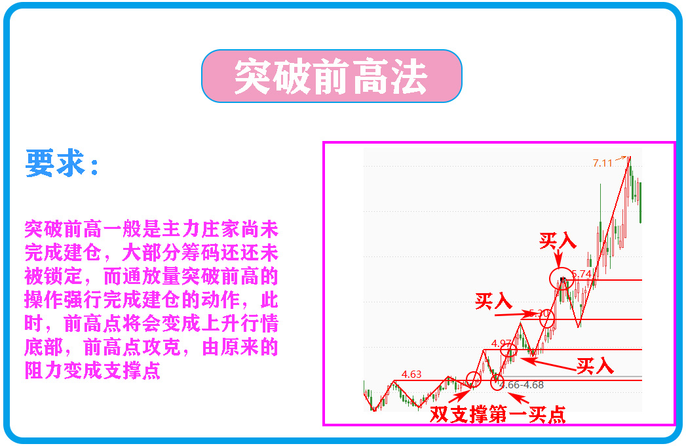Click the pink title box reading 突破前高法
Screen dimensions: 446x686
pos(332,76)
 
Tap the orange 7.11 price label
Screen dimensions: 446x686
pos(602,163)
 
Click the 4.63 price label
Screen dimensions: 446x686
pos(411,374)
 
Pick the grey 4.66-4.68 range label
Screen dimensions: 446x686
pos(521,385)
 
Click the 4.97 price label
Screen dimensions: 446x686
pos(501,343)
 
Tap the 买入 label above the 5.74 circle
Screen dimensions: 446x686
pos(558,240)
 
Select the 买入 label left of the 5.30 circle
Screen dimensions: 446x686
pos(493,301)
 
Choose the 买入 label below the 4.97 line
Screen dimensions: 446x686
pos(595,365)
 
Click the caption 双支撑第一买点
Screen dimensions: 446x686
pos(497,415)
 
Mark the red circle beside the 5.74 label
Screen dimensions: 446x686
pos(562,279)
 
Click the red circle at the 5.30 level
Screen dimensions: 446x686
pos(547,319)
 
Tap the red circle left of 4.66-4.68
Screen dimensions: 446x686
pos(496,382)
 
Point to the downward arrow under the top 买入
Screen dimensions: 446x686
pos(558,259)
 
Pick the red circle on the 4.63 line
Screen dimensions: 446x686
pos(473,379)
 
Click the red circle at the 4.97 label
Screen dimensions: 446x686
pos(508,350)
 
